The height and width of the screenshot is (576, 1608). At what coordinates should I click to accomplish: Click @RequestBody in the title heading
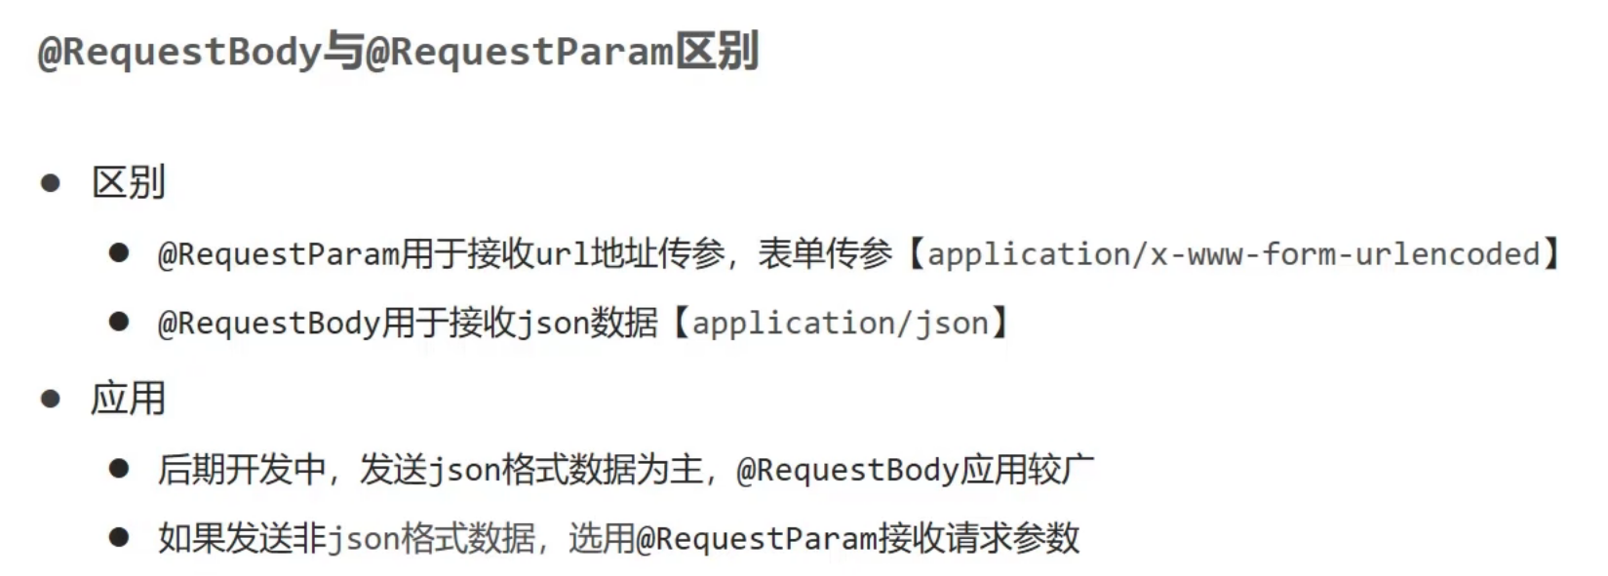coord(178,52)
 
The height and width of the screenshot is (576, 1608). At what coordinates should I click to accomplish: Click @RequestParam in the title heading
coord(520,52)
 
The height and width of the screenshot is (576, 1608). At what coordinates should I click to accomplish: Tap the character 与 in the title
coord(342,52)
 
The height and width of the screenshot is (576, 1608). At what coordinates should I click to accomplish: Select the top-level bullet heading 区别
coord(128,182)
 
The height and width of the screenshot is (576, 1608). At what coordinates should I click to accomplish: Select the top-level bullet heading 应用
coord(128,399)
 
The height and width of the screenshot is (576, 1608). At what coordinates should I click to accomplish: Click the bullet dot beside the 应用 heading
coord(51,399)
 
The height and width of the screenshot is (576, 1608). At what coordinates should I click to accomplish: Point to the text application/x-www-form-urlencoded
coord(1234,254)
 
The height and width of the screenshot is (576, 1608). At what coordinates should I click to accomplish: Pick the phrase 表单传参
coord(825,254)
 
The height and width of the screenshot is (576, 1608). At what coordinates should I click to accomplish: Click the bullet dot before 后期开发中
coord(119,470)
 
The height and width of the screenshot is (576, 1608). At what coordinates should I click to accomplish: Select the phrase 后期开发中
coord(241,470)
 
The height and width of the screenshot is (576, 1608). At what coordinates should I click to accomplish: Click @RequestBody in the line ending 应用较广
coord(847,470)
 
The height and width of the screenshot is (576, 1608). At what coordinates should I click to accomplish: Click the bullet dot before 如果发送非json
coord(119,538)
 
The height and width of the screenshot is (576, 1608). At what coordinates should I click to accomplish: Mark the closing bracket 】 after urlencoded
coord(1552,254)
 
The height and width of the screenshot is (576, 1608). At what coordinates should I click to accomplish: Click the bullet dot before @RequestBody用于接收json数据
coord(119,323)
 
